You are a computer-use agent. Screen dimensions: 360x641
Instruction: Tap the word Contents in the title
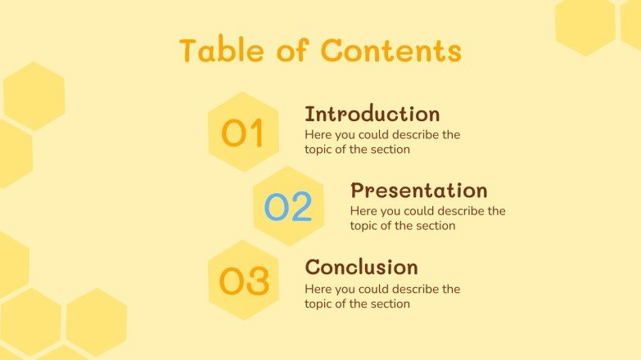point(391,51)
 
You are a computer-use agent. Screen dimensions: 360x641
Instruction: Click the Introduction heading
point(372,114)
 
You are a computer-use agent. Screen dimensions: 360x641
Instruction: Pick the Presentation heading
point(418,191)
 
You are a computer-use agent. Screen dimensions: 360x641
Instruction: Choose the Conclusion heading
point(361,267)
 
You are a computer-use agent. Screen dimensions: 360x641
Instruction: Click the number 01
point(243,133)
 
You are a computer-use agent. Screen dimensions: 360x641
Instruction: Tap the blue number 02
point(288,208)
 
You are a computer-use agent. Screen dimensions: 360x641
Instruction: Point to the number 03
point(244,281)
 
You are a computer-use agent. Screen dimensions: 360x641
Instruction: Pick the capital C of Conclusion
point(313,267)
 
